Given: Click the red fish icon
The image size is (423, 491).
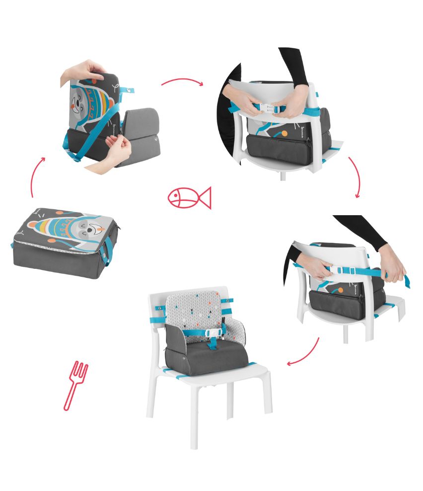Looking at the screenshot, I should pos(189,197).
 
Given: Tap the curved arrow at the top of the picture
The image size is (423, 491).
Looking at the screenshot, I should pos(182,81).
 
